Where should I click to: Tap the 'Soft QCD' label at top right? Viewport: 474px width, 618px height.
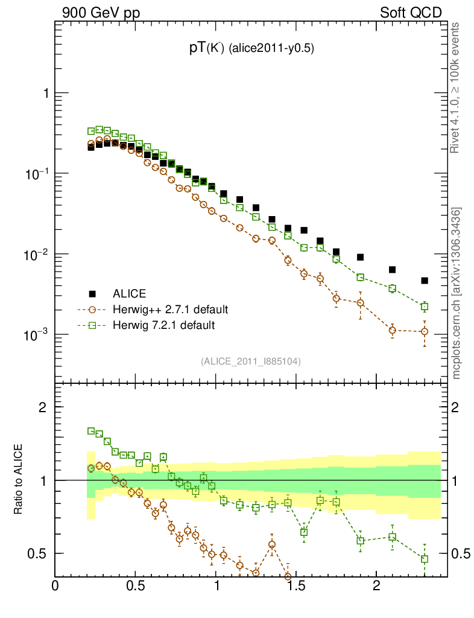(411, 13)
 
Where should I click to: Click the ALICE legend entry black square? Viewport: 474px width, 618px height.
(92, 294)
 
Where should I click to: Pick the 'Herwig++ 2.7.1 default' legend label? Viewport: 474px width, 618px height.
(169, 310)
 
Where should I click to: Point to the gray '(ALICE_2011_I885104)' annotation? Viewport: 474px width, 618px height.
(251, 361)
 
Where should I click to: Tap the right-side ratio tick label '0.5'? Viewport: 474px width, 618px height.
(461, 553)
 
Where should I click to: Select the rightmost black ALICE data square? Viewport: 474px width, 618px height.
(425, 281)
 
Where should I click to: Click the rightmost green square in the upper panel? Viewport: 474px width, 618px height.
(425, 307)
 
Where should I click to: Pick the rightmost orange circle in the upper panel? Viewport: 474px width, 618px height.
(425, 331)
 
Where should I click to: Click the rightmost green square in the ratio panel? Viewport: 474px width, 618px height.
(425, 559)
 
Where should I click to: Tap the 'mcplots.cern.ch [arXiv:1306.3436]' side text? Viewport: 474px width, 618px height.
(457, 293)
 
